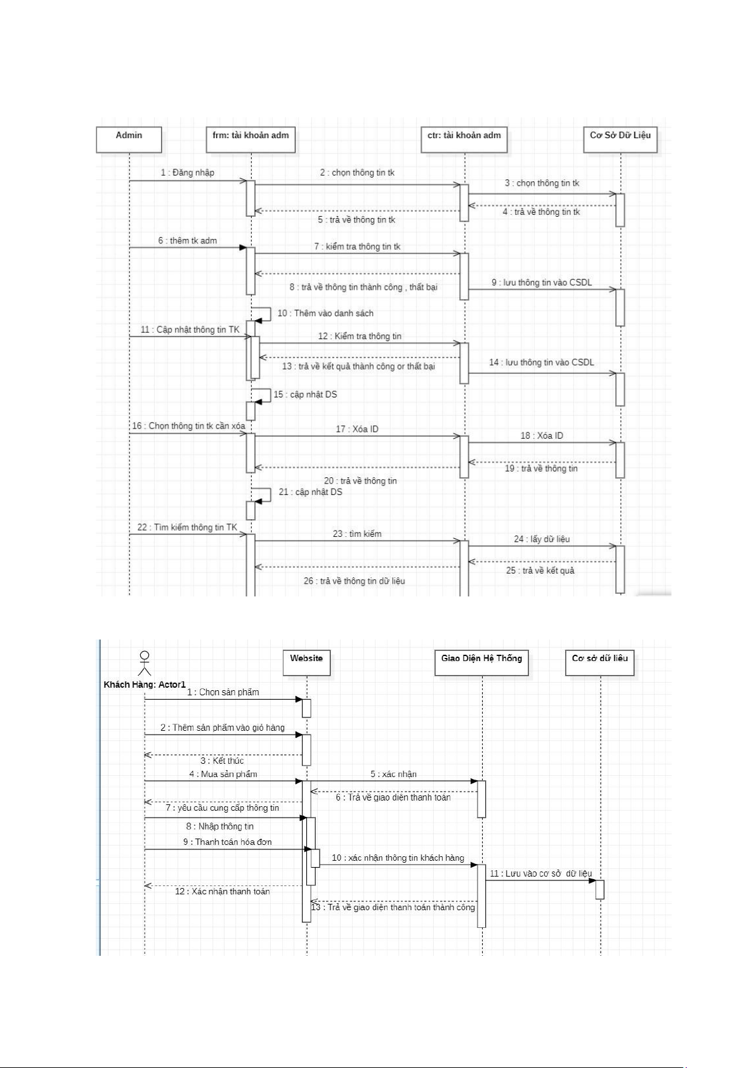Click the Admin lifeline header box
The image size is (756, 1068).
pos(129,139)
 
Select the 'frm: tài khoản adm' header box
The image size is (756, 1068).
pos(251,139)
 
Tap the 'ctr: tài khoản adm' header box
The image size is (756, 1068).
pos(464,139)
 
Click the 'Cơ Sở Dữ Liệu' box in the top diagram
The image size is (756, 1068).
pos(620,139)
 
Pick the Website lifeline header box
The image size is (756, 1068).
pos(306,663)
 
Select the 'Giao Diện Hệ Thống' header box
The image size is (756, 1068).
pos(481,663)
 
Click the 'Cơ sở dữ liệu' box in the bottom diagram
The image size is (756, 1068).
pos(599,663)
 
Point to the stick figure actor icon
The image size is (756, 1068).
pos(145,663)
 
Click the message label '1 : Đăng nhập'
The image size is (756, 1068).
pos(188,172)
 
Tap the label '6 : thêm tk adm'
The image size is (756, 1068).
pos(188,241)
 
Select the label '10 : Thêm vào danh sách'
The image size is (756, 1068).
pos(325,313)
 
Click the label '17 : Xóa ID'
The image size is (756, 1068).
pos(357,429)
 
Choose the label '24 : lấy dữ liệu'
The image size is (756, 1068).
pos(542,539)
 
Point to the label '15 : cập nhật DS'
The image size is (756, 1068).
pos(305,395)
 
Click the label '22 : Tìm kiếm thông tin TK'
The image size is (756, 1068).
pos(187,527)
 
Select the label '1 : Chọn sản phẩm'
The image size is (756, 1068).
pos(223,692)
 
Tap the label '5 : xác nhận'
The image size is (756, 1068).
pos(393,775)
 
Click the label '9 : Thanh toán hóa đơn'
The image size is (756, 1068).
pos(228,842)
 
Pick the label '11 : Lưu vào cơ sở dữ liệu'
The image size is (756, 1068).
pos(541,873)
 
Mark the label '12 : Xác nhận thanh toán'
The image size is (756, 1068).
pos(222,892)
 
